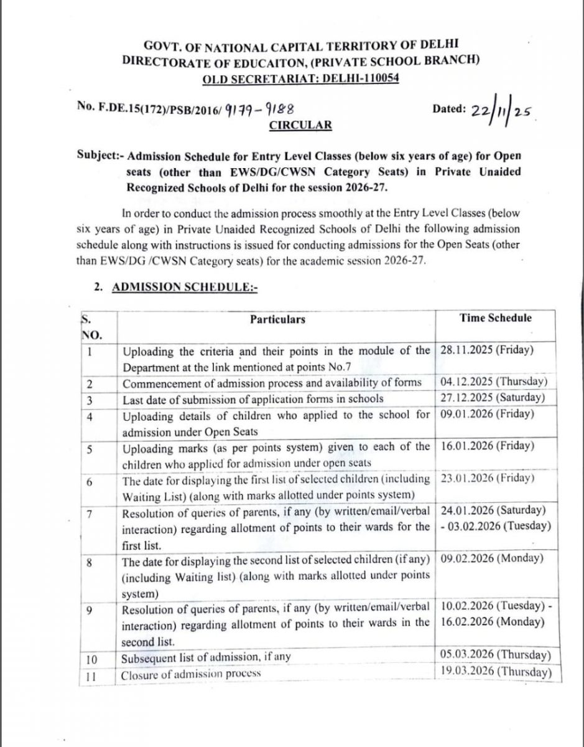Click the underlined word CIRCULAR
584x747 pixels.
[x=300, y=125]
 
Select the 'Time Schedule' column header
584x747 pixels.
[x=496, y=318]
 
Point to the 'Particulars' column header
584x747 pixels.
[x=277, y=319]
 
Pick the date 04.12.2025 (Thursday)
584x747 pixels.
[x=494, y=382]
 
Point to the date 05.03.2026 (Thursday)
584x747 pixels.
[x=495, y=655]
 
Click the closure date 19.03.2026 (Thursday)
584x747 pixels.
[x=495, y=672]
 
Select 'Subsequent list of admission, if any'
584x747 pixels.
[x=206, y=657]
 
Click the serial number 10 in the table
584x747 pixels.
[x=91, y=659]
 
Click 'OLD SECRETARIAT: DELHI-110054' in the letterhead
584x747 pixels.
[x=300, y=78]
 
